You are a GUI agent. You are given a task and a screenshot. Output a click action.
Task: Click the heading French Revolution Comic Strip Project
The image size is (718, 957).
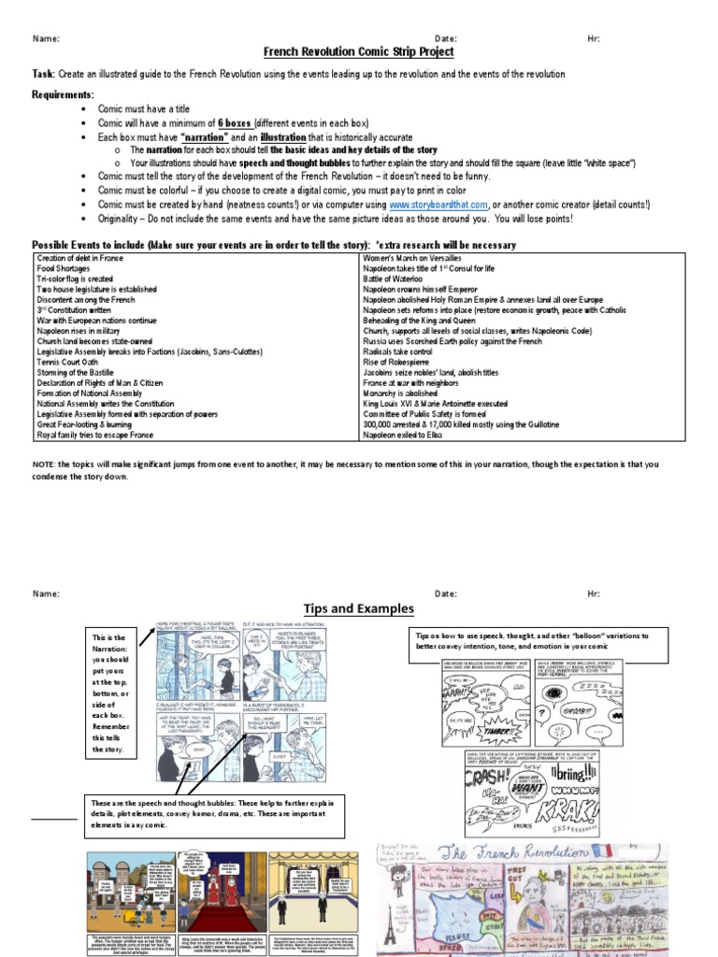click(x=358, y=52)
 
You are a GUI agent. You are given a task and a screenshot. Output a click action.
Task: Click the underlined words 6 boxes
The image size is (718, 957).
click(x=234, y=123)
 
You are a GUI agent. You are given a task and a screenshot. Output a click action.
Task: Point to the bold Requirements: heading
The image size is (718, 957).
click(x=63, y=95)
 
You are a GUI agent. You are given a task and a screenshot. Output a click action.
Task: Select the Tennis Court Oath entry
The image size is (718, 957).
click(x=66, y=362)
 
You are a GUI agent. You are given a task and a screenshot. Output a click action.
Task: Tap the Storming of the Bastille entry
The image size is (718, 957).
click(x=79, y=372)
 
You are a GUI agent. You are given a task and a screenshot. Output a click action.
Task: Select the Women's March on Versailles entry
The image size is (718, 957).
click(x=412, y=257)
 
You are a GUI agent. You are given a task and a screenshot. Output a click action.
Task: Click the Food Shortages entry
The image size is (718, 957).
click(x=65, y=268)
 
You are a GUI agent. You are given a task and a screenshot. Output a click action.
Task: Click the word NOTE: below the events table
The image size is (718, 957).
click(x=44, y=464)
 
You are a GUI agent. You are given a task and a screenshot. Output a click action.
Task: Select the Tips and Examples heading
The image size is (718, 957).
click(x=358, y=609)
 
